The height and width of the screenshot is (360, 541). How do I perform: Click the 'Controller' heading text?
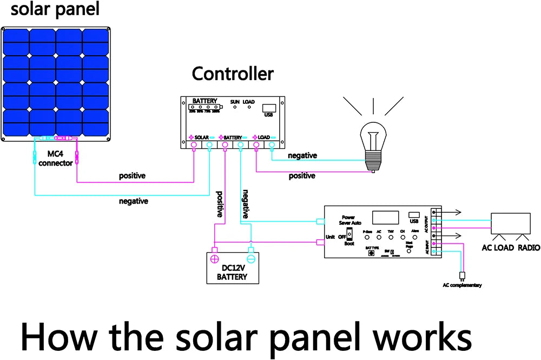[x=233, y=74]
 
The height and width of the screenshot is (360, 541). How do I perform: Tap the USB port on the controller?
[x=268, y=108]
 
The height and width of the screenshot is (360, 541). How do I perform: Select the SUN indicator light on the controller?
[x=235, y=107]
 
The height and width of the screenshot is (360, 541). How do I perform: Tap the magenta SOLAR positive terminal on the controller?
[x=193, y=145]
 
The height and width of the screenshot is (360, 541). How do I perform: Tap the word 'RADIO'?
[x=529, y=248]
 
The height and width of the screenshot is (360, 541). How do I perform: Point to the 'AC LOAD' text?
[x=497, y=248]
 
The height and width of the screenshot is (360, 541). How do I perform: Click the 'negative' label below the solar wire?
[x=134, y=201]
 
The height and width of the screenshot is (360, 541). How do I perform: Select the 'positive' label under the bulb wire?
[x=302, y=176]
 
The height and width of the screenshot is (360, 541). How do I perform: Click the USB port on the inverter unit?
[x=414, y=214]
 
